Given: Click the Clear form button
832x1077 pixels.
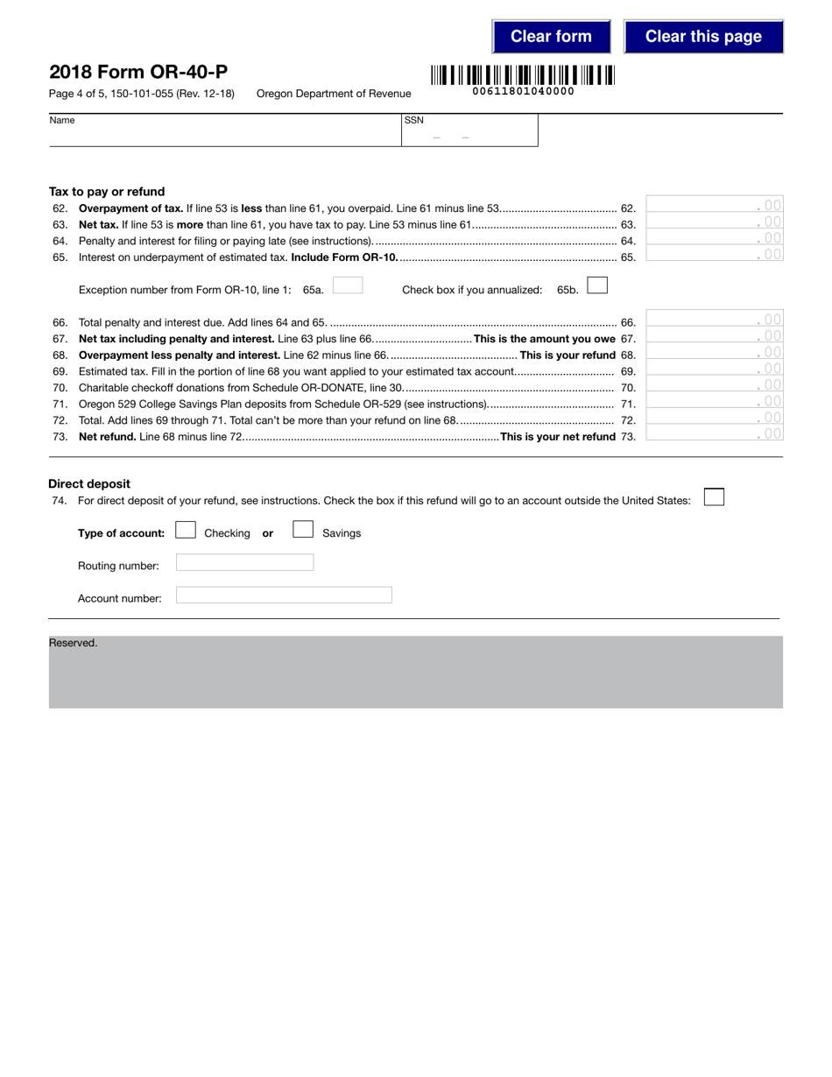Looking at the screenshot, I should (551, 37).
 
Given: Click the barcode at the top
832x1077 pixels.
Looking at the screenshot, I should (523, 75).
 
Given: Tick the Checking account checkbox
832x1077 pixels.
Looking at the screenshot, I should (186, 530).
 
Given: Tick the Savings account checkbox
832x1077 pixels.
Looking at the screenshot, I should (303, 530).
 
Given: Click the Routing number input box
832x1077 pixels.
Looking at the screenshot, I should (244, 563).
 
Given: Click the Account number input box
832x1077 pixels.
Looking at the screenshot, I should (284, 595).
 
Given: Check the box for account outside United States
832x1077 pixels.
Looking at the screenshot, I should (714, 497).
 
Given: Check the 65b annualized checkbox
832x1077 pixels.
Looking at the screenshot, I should (597, 285).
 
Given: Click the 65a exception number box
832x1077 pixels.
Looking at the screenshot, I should (348, 285).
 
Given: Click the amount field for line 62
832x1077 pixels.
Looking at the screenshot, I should (714, 205).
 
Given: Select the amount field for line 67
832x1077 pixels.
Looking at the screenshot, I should (714, 336).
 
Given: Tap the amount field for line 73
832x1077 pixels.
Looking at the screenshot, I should (714, 433).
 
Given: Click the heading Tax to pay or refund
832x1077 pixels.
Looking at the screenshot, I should (107, 192).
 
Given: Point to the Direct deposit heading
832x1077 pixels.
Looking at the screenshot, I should (89, 483).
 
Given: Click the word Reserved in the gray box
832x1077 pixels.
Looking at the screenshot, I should (74, 643).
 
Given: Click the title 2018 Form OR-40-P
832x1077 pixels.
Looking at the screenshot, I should (138, 72).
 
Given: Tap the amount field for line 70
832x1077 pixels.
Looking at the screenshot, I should (714, 384).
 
